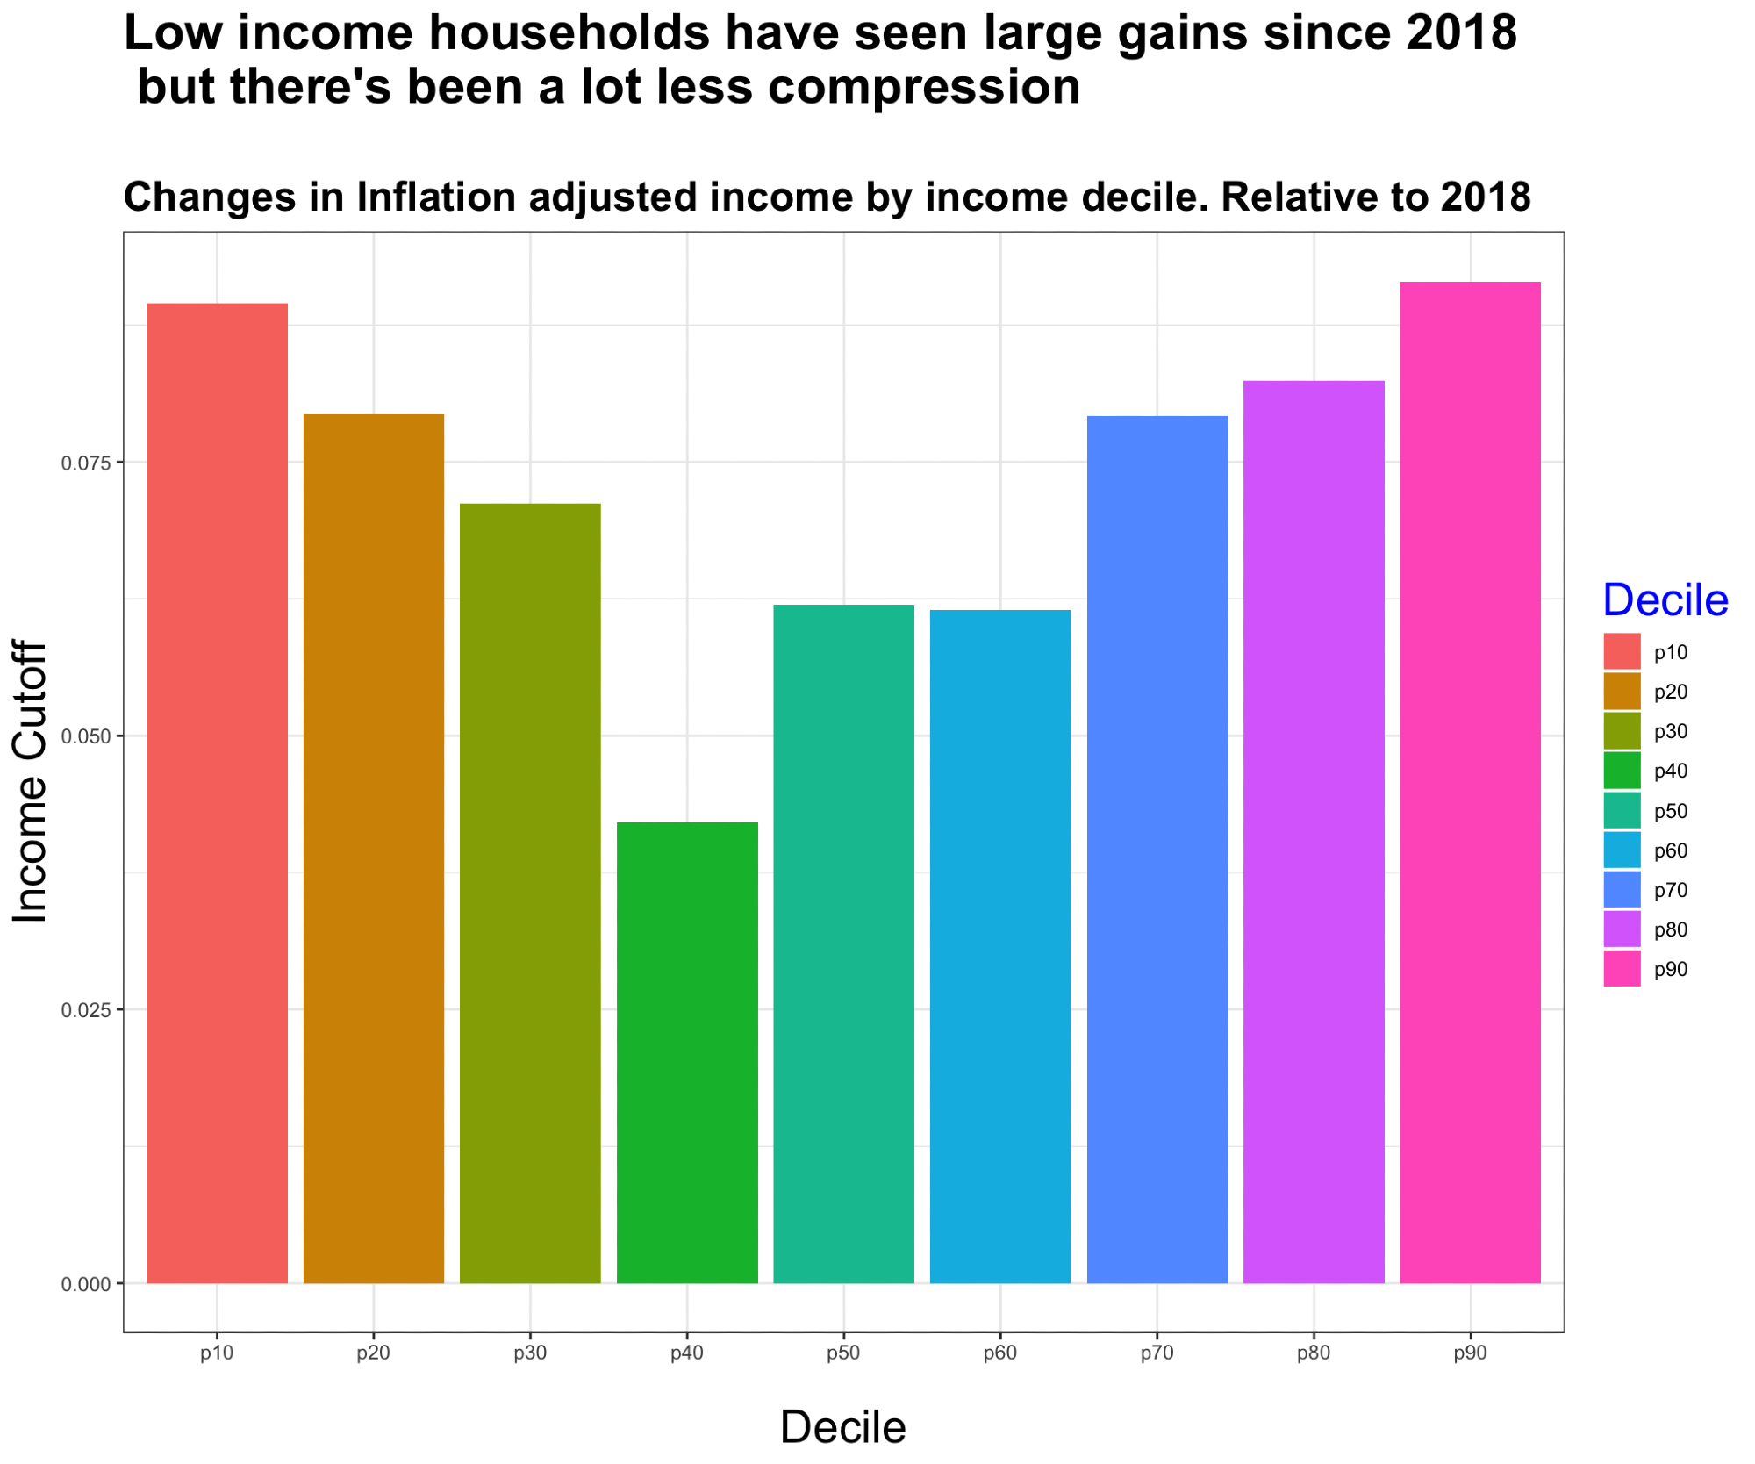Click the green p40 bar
[687, 1052]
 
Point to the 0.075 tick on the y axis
[85, 463]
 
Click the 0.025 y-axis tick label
[85, 1010]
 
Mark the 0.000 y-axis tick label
[85, 1284]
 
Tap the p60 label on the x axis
[999, 1353]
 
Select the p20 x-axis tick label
[373, 1353]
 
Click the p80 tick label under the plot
[1313, 1353]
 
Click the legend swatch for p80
[1622, 929]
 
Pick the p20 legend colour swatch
[1622, 692]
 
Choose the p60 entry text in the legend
[1670, 850]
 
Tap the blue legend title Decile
[1665, 600]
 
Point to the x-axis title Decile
[842, 1426]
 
